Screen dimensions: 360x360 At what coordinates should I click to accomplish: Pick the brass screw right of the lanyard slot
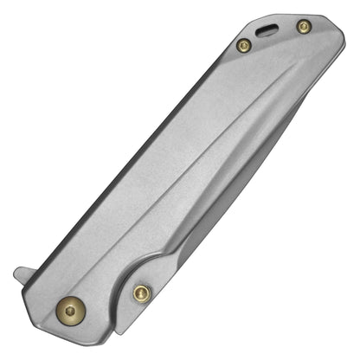click(303, 28)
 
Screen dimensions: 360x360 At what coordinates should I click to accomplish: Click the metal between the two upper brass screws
click(273, 43)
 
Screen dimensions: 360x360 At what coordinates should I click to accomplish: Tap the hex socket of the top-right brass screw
click(303, 28)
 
